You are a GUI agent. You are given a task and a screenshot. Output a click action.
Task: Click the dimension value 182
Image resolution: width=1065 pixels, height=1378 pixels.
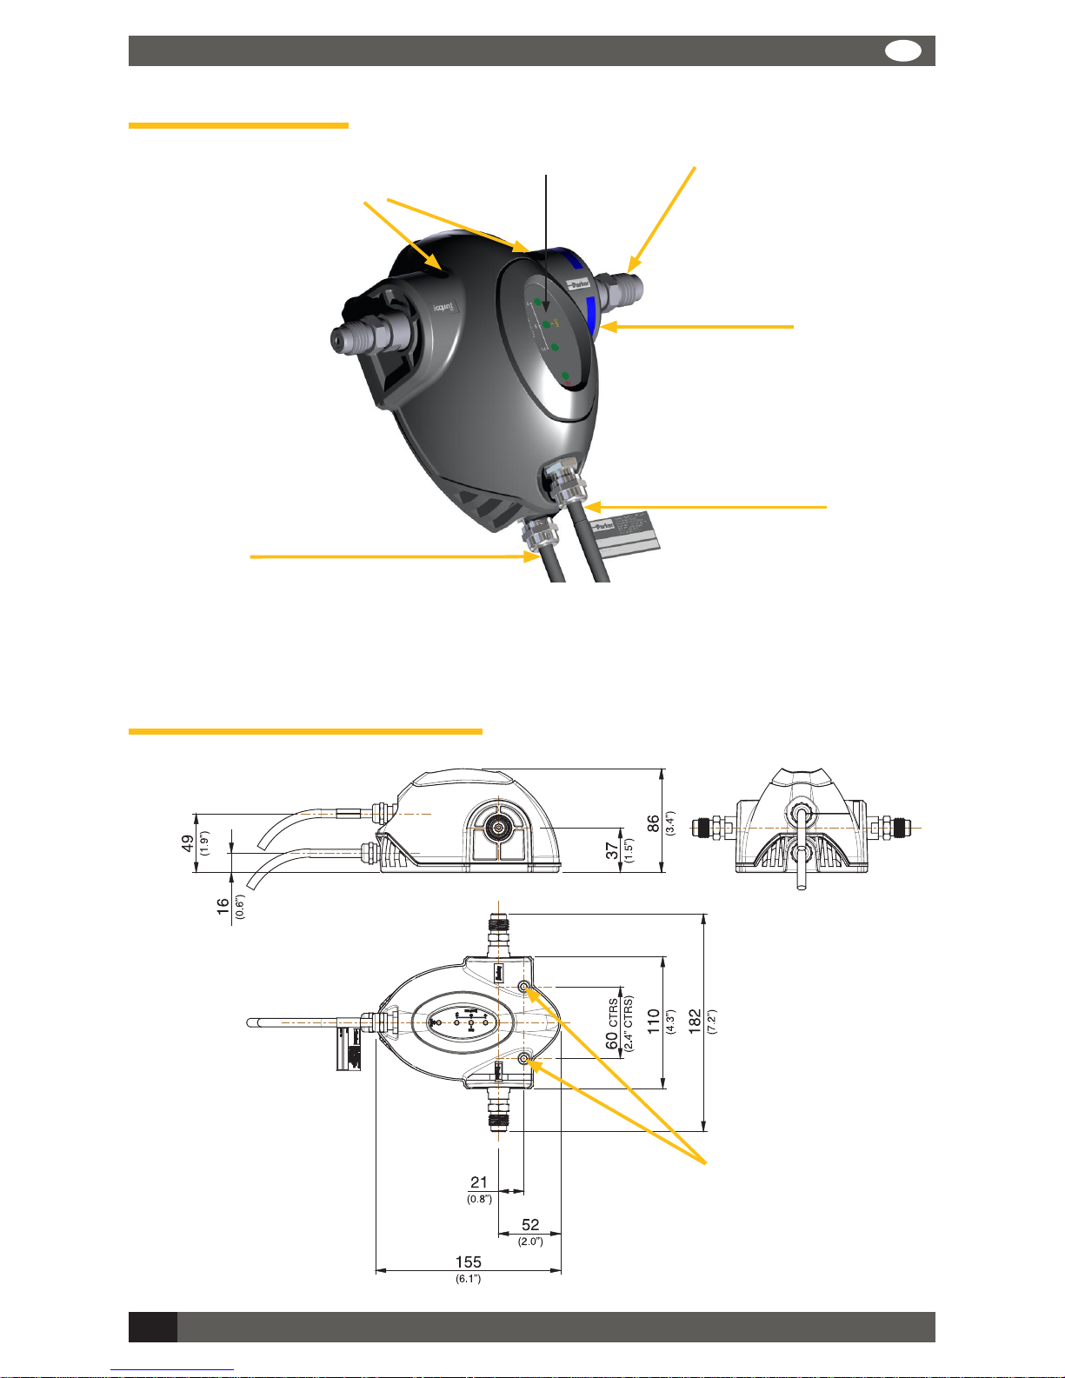click(695, 1022)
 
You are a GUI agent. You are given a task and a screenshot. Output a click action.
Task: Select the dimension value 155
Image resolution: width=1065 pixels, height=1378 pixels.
click(468, 1262)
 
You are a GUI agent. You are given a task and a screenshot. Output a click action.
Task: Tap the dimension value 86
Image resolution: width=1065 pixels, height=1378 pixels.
click(653, 824)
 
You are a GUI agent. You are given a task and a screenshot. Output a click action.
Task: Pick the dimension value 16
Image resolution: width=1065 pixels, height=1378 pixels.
click(223, 906)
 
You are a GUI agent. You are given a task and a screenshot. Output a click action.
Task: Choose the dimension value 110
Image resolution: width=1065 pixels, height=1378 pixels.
click(653, 1022)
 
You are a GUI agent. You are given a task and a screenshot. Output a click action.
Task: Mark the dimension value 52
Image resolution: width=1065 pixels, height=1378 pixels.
click(530, 1225)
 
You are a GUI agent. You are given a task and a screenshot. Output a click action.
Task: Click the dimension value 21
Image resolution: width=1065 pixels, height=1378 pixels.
click(479, 1182)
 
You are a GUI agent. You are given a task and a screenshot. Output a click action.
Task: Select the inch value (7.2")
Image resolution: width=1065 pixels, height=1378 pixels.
click(711, 1022)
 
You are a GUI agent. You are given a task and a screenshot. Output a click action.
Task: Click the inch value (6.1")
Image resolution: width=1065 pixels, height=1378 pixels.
click(468, 1278)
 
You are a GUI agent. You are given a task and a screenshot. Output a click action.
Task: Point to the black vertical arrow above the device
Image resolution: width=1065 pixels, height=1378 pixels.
click(547, 243)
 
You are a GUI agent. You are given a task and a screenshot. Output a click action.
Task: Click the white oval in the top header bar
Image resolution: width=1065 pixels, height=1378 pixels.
click(903, 51)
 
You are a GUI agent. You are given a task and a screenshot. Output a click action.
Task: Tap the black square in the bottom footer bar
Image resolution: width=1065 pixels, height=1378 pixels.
click(153, 1327)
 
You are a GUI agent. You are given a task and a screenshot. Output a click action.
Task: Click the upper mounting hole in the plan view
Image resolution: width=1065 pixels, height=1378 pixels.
click(524, 987)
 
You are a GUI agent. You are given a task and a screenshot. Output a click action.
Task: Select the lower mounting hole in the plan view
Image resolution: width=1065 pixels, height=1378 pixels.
click(524, 1058)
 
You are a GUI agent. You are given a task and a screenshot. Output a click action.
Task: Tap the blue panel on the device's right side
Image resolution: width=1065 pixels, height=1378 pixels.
click(590, 315)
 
